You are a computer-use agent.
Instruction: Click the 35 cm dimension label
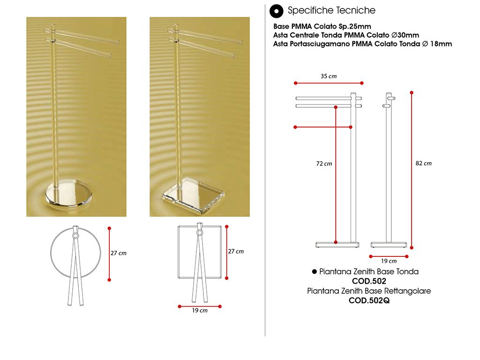pos(329,76)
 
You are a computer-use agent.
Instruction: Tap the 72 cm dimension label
pos(324,164)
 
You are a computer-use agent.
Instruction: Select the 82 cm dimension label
pos(423,164)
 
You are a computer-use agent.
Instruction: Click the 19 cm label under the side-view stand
pos(389,261)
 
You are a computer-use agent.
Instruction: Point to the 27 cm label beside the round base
pos(119,253)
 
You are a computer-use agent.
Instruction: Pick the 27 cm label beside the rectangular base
pos(236,251)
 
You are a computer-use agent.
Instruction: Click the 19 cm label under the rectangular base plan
pos(200,310)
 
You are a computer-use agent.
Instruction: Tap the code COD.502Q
pos(369,300)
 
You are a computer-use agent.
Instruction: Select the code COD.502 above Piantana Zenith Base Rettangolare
pos(369,281)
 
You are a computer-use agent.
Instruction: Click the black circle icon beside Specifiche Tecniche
pos(277,11)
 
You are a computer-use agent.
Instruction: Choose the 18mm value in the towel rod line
pos(441,44)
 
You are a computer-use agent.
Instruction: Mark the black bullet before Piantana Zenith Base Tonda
pos(314,271)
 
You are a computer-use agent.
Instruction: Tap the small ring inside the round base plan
pos(75,236)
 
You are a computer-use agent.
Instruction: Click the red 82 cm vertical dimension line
pos(412,170)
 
